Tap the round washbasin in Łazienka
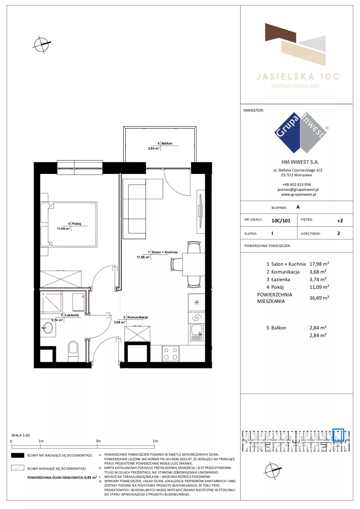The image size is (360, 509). click(x=47, y=328)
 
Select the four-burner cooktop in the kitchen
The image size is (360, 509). click(x=170, y=353)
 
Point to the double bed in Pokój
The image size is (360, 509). click(x=69, y=224)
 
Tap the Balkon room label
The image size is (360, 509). click(x=167, y=144)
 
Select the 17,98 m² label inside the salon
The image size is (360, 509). click(x=143, y=257)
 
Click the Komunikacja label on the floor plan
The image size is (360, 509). click(x=138, y=317)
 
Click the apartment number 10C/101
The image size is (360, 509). click(x=281, y=221)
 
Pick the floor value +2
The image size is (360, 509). click(x=340, y=221)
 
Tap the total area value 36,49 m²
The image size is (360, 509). click(x=319, y=298)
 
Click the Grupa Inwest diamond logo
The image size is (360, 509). click(x=301, y=133)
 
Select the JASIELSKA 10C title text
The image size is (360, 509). click(x=298, y=77)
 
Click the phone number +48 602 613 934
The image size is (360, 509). click(x=297, y=185)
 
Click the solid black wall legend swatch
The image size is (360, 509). click(x=17, y=455)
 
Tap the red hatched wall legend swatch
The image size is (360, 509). click(x=17, y=468)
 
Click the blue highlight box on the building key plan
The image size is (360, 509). click(x=338, y=435)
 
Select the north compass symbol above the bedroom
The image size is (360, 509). click(x=42, y=45)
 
